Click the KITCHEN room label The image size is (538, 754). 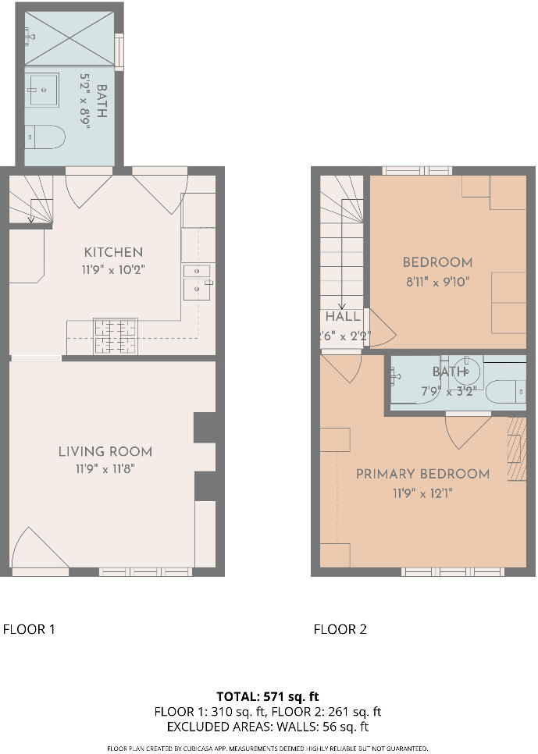pyautogui.click(x=113, y=252)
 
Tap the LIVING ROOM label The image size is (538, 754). pyautogui.click(x=105, y=452)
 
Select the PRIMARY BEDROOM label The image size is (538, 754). pyautogui.click(x=422, y=474)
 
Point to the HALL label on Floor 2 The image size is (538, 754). pyautogui.click(x=343, y=317)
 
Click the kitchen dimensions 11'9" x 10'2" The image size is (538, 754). pyautogui.click(x=114, y=269)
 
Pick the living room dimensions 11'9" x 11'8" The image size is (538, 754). pyautogui.click(x=105, y=469)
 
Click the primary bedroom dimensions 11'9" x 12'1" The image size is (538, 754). pyautogui.click(x=422, y=493)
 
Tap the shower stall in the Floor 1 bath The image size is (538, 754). pyautogui.click(x=69, y=37)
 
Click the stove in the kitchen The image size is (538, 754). pyautogui.click(x=116, y=336)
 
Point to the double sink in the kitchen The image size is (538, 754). pyautogui.click(x=197, y=280)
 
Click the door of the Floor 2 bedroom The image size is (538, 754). pyautogui.click(x=381, y=326)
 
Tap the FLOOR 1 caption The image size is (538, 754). pyautogui.click(x=29, y=629)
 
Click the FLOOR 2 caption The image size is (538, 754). pyautogui.click(x=340, y=629)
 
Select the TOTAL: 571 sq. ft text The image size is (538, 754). pyautogui.click(x=268, y=696)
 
